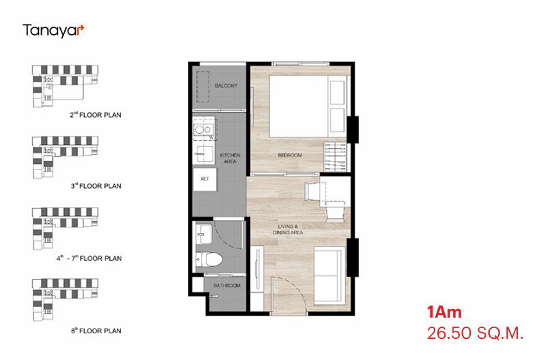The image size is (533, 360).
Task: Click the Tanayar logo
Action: tap(53, 31)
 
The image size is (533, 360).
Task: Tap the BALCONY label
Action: tap(226, 85)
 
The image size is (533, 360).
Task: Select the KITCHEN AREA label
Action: tap(230, 158)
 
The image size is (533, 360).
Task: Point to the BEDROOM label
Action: tap(290, 155)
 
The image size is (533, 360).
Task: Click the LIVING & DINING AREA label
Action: tap(288, 229)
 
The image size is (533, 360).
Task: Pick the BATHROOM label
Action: tap(227, 286)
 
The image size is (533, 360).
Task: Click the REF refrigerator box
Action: tap(204, 179)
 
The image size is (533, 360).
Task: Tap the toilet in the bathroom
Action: tap(209, 260)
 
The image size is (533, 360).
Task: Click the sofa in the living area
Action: tap(329, 275)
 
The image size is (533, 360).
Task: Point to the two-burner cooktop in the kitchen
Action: tap(204, 130)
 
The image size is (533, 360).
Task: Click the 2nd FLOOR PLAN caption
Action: tap(96, 115)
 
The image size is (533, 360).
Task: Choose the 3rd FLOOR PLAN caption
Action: tap(96, 186)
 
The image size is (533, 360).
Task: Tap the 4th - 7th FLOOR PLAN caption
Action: tap(89, 258)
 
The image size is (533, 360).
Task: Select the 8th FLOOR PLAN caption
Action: tap(96, 331)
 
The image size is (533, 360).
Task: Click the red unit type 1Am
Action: tap(444, 312)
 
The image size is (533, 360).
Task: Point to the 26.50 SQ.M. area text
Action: tap(475, 333)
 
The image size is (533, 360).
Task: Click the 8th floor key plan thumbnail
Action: tap(66, 300)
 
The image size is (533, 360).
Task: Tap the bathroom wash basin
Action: tap(204, 234)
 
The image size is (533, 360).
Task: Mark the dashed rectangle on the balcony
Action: tap(202, 87)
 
